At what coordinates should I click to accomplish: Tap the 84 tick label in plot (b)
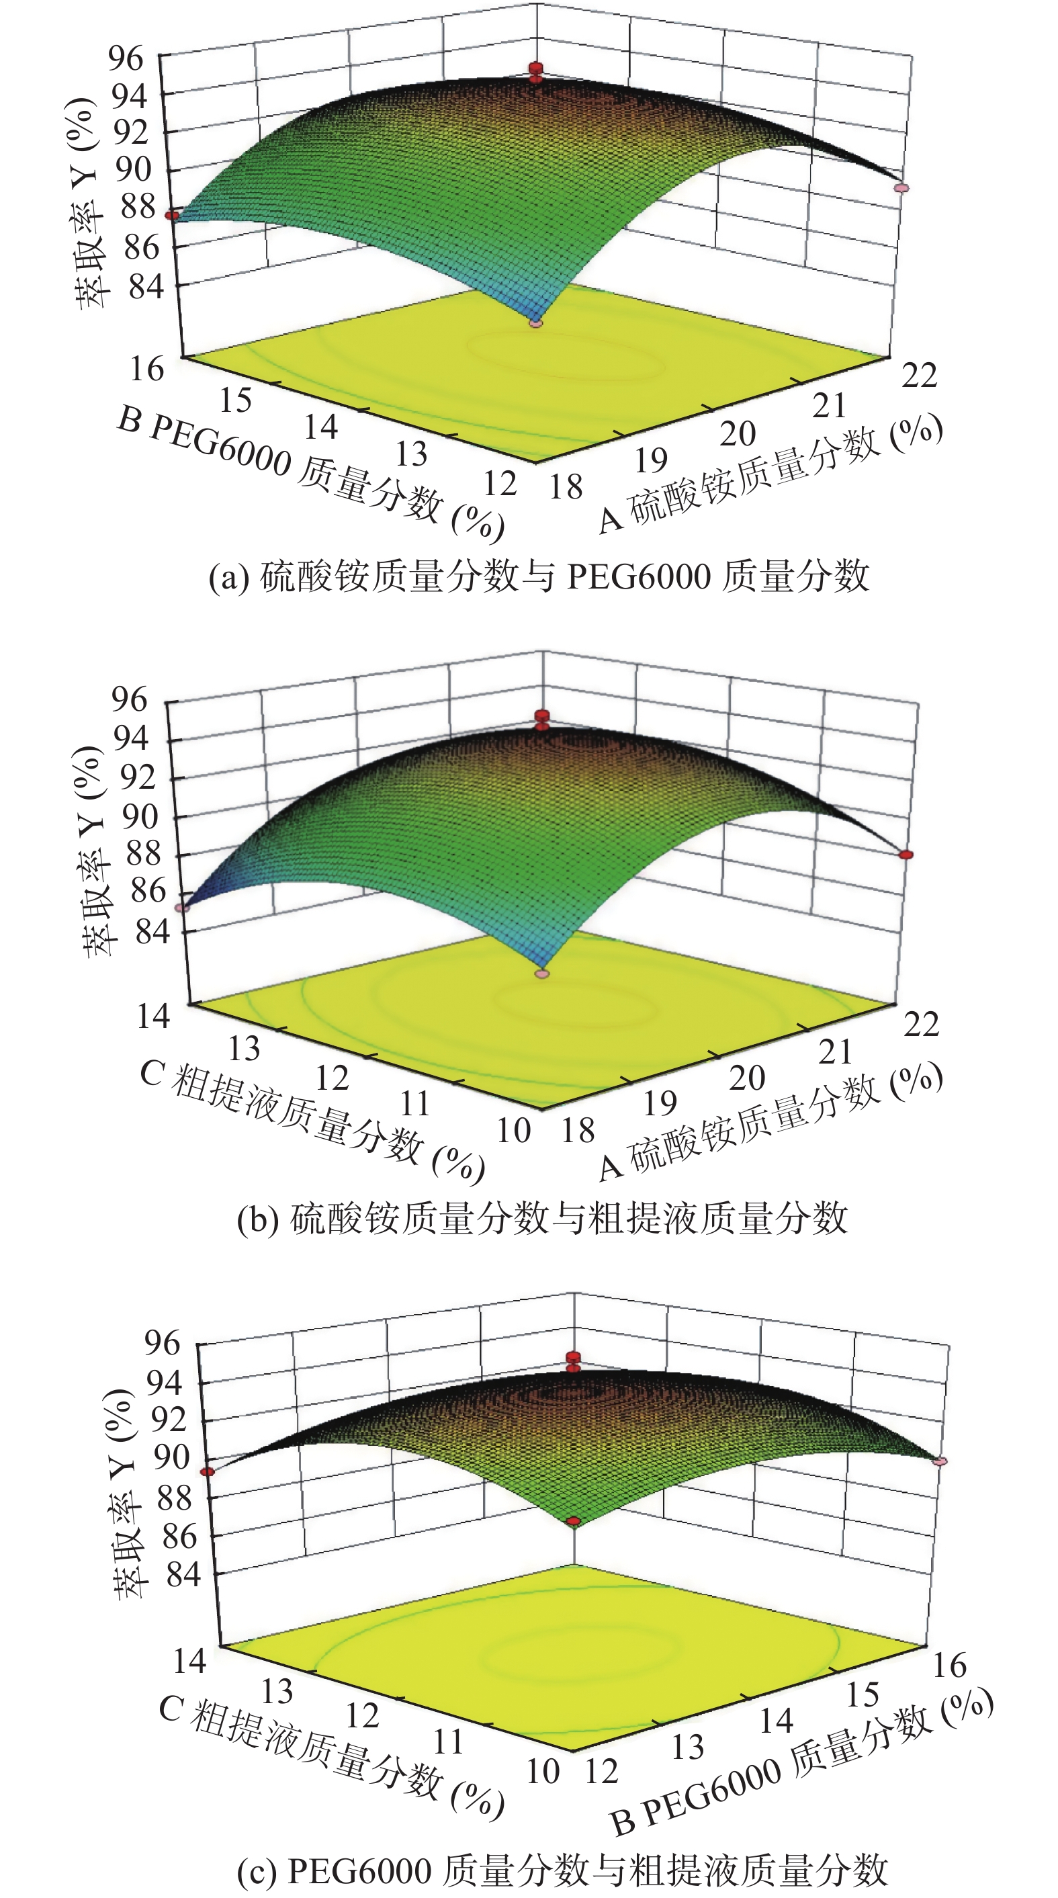[152, 932]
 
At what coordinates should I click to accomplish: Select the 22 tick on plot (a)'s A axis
[919, 375]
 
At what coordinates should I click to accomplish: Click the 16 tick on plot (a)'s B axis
[146, 369]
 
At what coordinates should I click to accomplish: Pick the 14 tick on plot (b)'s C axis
[153, 1016]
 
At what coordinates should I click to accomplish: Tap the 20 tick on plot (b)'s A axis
[747, 1079]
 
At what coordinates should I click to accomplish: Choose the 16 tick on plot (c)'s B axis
[950, 1665]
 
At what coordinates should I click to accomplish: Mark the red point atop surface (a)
[535, 69]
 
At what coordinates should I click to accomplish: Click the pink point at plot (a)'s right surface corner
[901, 189]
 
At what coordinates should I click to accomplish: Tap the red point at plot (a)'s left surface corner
[172, 215]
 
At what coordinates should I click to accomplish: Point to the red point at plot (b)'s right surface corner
[906, 855]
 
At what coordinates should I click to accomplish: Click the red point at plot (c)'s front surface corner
[574, 1522]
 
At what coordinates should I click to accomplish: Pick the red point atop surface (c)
[573, 1357]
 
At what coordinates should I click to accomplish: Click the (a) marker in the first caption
[228, 577]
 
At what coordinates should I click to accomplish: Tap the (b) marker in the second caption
[257, 1219]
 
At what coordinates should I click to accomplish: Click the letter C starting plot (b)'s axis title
[152, 1074]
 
